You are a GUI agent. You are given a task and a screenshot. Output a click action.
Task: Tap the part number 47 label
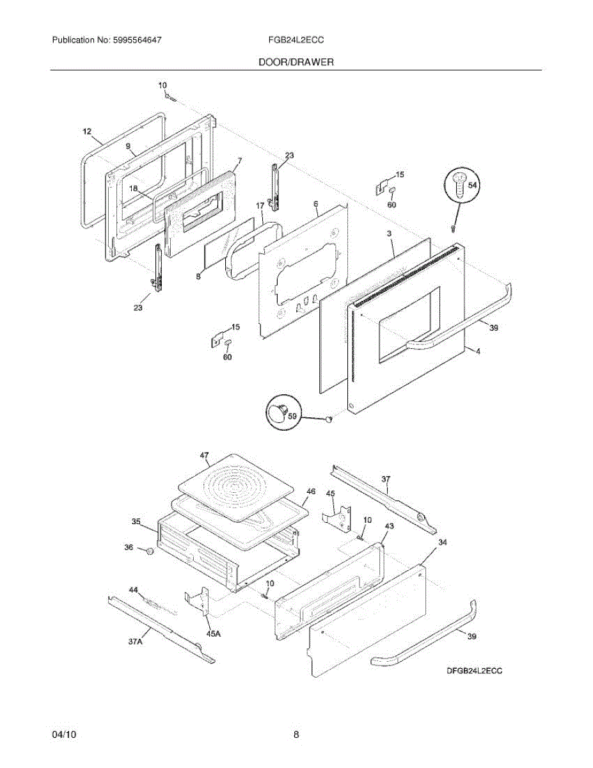point(204,456)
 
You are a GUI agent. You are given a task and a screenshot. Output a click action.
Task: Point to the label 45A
point(213,634)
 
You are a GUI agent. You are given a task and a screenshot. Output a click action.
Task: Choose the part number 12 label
point(87,131)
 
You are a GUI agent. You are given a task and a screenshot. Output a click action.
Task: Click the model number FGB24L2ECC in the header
point(296,40)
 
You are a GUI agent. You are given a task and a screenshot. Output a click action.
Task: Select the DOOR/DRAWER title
point(296,62)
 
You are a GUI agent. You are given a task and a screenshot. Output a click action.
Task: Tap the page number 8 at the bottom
point(296,735)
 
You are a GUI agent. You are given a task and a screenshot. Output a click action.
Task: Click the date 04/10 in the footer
point(64,735)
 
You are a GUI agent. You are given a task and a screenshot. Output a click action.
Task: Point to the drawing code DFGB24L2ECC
point(474,671)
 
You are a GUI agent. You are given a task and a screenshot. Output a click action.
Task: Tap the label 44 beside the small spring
point(134,589)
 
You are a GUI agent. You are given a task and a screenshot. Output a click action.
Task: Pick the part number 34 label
point(442,543)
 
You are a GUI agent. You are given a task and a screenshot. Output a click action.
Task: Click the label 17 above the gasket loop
point(260,206)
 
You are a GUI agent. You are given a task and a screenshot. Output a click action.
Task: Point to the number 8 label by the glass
point(198,276)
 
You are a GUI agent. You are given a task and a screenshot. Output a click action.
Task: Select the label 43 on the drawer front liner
point(389,525)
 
